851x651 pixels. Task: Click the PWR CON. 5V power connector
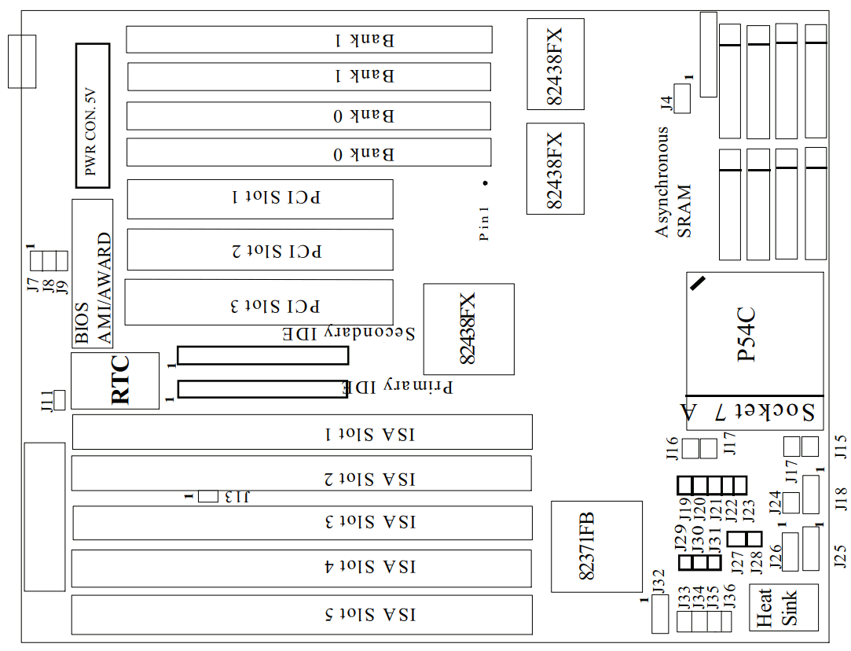coord(93,116)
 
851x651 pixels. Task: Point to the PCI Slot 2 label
coord(277,251)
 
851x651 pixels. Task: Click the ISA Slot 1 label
coord(369,434)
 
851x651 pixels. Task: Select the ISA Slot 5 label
coord(369,615)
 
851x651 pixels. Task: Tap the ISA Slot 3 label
coord(369,522)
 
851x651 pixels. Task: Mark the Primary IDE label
coord(398,387)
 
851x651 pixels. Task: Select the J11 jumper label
coord(46,401)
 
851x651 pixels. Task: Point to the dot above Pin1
coord(486,183)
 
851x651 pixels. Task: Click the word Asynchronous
coord(663,181)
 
